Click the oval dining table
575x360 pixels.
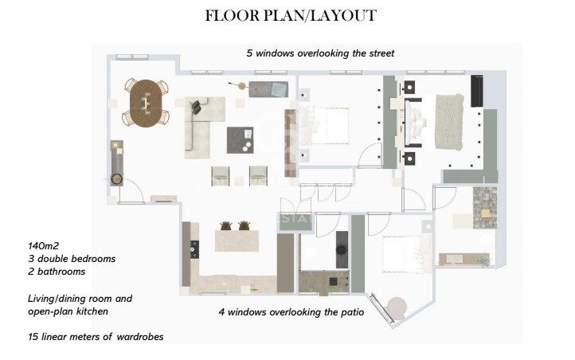[x=146, y=104]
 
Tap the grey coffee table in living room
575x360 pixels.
[x=240, y=140]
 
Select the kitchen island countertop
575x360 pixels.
[x=237, y=241]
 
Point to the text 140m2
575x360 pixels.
[x=43, y=245]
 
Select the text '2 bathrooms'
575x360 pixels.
[x=57, y=272]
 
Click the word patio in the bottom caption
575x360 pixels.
[x=352, y=312]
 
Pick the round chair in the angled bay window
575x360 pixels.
[x=397, y=307]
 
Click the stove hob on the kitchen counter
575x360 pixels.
[x=194, y=249]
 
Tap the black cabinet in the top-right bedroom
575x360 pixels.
[x=477, y=91]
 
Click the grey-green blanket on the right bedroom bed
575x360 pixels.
[x=449, y=122]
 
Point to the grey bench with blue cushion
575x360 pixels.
[x=268, y=89]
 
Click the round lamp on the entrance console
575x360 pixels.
[x=117, y=178]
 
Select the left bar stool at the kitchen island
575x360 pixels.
[x=226, y=226]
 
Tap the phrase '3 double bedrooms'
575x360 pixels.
[x=72, y=259]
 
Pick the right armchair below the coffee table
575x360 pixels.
[x=258, y=175]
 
